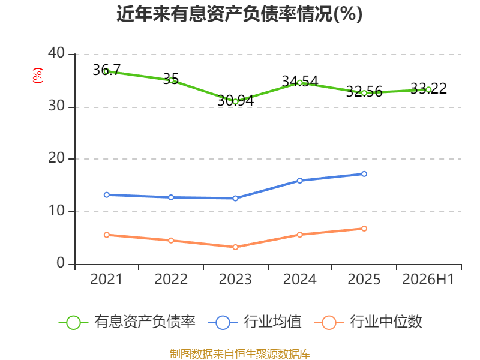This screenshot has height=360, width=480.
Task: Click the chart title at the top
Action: click(x=239, y=14)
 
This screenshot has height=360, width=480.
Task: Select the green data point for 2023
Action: click(x=235, y=101)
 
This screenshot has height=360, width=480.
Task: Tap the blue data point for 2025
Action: click(x=364, y=174)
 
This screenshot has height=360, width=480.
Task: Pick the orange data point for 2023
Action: click(x=235, y=247)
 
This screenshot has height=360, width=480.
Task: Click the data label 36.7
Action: click(x=107, y=70)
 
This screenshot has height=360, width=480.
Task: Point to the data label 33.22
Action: click(x=428, y=88)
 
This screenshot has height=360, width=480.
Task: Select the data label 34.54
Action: click(x=299, y=81)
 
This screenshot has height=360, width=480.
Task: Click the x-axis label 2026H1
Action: click(x=428, y=279)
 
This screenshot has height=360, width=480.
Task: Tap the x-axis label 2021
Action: click(x=106, y=279)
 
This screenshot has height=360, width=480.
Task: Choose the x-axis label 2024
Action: click(x=299, y=279)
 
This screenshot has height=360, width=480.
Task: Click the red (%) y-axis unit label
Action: click(x=38, y=76)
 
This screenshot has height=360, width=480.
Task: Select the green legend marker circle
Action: click(x=73, y=323)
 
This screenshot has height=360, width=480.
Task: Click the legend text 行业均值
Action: click(x=272, y=322)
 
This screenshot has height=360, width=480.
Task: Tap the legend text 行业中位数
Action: click(x=386, y=322)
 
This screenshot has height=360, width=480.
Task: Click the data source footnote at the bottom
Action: click(x=239, y=354)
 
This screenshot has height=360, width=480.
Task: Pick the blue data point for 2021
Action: click(x=107, y=194)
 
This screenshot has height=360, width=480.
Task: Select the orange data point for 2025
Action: click(x=364, y=229)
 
